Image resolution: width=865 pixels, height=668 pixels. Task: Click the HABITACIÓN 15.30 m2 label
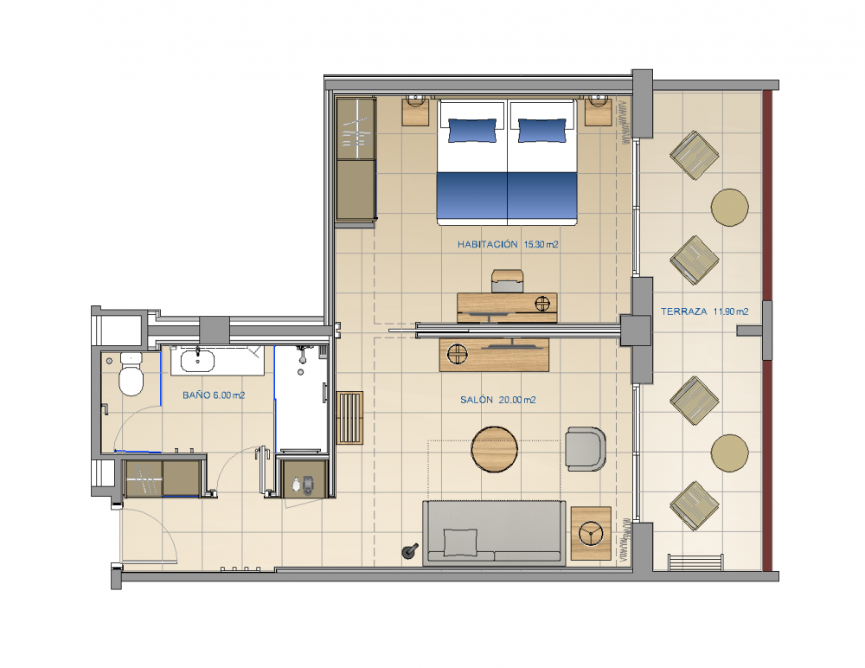pyautogui.click(x=507, y=245)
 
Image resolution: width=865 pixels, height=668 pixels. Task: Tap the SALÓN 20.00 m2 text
pyautogui.click(x=497, y=401)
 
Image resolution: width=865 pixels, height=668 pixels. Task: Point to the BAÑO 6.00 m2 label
pyautogui.click(x=213, y=395)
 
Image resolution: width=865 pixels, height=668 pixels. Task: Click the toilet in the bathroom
pyautogui.click(x=131, y=376)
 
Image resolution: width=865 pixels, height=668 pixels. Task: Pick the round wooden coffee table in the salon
pyautogui.click(x=495, y=449)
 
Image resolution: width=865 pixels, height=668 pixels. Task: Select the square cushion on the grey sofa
pyautogui.click(x=460, y=542)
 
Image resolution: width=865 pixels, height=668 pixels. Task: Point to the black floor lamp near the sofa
pyautogui.click(x=409, y=551)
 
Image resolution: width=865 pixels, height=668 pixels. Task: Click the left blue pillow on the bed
pyautogui.click(x=472, y=130)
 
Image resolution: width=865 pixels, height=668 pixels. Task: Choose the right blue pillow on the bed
pyautogui.click(x=542, y=130)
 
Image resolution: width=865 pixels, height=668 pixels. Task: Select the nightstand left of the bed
pyautogui.click(x=416, y=112)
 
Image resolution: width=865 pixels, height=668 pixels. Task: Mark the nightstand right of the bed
pyautogui.click(x=598, y=112)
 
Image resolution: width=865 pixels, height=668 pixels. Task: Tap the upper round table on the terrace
pyautogui.click(x=729, y=208)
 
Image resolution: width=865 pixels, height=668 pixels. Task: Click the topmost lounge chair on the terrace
pyautogui.click(x=694, y=155)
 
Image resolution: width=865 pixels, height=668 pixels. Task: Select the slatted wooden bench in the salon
pyautogui.click(x=349, y=417)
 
